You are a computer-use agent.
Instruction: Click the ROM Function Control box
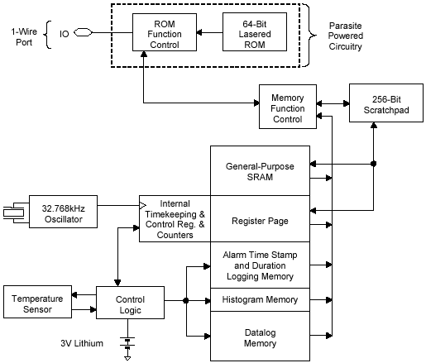pos(165,32)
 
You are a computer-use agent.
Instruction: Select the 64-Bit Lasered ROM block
pos(255,31)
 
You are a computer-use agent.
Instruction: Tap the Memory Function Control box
pos(288,107)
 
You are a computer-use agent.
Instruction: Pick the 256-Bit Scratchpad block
pos(386,103)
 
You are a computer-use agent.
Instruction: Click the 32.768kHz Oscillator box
pos(63,212)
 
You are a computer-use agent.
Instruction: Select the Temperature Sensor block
pos(37,302)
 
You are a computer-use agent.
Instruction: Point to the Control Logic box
pos(130,303)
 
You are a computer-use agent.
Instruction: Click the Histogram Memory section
pos(260,300)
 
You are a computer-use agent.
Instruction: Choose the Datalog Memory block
pos(260,337)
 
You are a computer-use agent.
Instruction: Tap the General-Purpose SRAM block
pos(260,171)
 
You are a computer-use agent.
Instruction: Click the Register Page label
pos(260,221)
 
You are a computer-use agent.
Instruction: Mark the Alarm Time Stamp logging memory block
pos(260,265)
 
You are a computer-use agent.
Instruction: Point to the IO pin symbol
pos(83,32)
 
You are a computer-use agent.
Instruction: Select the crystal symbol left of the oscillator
pos(14,213)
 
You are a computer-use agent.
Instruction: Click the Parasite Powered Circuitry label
pos(345,36)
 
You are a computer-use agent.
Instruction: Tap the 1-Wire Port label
pos(24,37)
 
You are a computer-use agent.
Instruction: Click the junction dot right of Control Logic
pos(186,300)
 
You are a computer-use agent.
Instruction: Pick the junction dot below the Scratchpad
pos(373,164)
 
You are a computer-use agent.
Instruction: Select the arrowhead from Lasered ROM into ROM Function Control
pos(199,32)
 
